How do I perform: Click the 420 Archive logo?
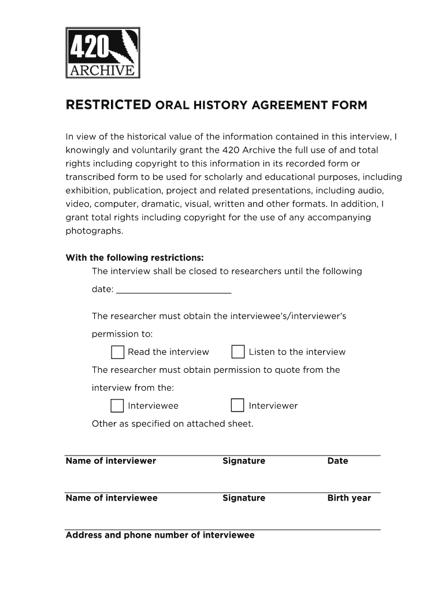(x=103, y=53)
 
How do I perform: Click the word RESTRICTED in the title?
(x=108, y=105)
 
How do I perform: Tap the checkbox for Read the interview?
(x=117, y=352)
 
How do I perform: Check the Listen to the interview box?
(x=238, y=352)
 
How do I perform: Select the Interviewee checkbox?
(x=117, y=406)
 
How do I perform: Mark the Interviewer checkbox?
(x=238, y=406)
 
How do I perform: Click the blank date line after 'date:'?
(x=173, y=289)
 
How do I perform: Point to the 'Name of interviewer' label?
(x=111, y=461)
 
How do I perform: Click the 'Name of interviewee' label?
(x=112, y=498)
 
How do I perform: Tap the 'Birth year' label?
(x=349, y=498)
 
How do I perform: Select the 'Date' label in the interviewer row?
(x=338, y=461)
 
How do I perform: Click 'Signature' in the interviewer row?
(x=244, y=461)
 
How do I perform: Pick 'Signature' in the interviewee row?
(x=244, y=498)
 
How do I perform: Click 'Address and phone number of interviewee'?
(x=160, y=535)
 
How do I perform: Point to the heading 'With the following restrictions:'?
(x=135, y=257)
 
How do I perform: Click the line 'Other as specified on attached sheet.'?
(x=172, y=424)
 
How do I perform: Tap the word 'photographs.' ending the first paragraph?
(x=95, y=231)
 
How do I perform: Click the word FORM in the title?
(x=348, y=105)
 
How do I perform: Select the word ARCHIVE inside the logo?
(x=103, y=71)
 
